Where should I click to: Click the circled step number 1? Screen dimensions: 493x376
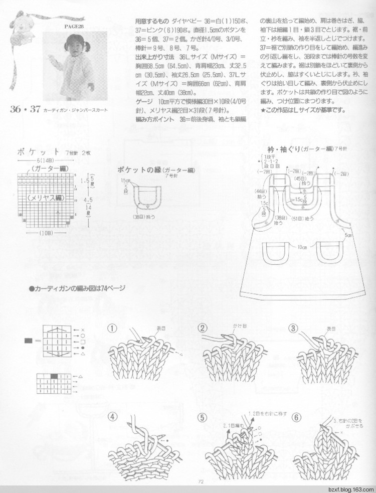coord(113,328)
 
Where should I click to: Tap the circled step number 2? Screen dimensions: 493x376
coord(203,328)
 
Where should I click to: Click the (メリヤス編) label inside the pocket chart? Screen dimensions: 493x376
coord(45,198)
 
